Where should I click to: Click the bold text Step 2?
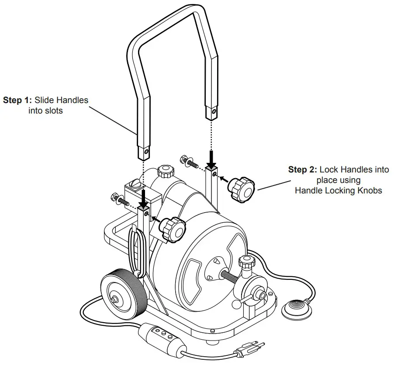(x=303, y=170)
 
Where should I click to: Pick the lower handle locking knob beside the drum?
(x=172, y=228)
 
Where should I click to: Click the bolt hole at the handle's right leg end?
(x=213, y=112)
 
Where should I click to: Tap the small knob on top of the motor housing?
(x=166, y=172)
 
